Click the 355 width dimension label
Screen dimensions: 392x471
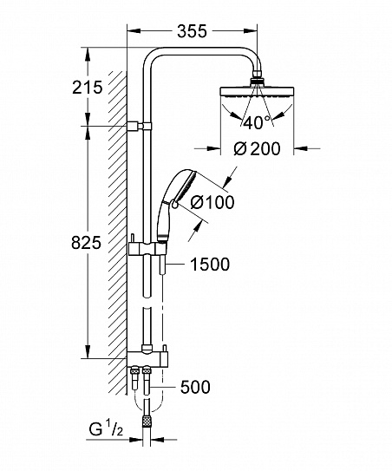point(192,31)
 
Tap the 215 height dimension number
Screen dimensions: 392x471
point(87,88)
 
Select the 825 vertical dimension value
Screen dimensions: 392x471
point(86,243)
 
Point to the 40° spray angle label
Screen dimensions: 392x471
point(257,122)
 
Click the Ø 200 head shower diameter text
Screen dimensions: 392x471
point(257,148)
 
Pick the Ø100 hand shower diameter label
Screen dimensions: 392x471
point(212,202)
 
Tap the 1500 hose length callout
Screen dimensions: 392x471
point(210,265)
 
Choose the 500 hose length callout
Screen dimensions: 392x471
point(195,387)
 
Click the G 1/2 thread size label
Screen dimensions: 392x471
point(106,430)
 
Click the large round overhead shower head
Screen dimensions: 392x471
point(257,92)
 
